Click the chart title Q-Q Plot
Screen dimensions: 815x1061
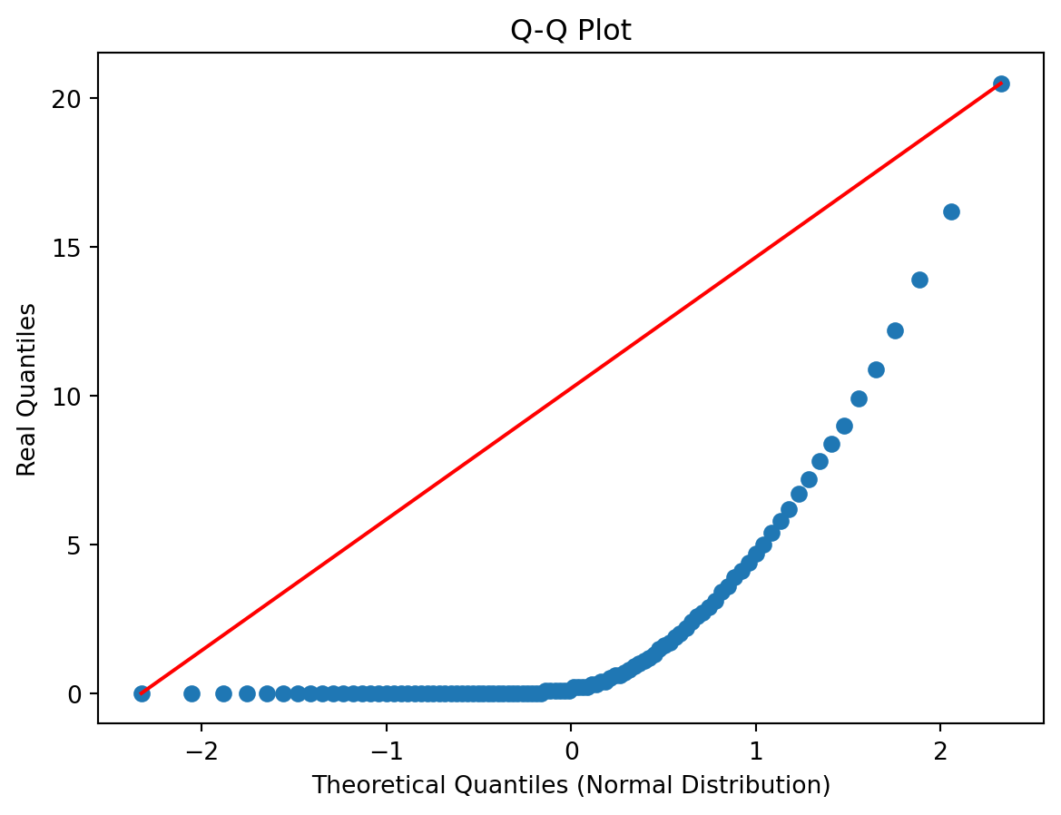tap(570, 30)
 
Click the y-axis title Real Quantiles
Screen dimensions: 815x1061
tap(27, 389)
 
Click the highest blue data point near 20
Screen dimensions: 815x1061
tap(1001, 83)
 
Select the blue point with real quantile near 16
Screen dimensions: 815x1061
tap(951, 211)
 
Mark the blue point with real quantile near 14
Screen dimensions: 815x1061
tap(919, 280)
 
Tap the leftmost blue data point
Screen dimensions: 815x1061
tap(142, 693)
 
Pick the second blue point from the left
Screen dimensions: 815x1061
tap(192, 693)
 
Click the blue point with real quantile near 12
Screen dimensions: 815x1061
tap(895, 330)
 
